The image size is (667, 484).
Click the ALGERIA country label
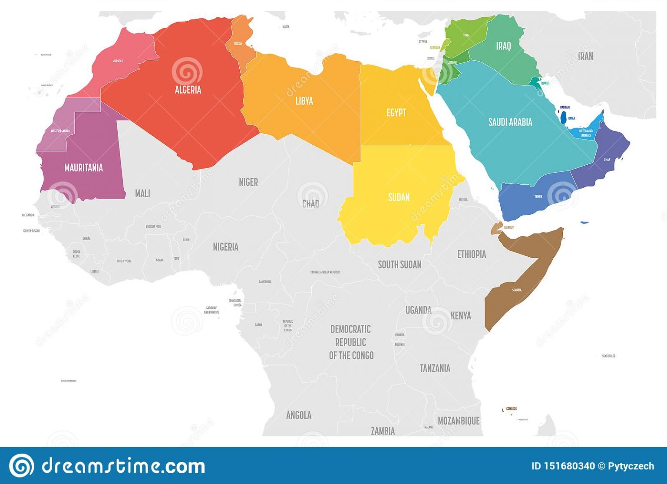click(x=188, y=90)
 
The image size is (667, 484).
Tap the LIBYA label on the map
click(x=304, y=101)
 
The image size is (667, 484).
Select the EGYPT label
click(x=396, y=113)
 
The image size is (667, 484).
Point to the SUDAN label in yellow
click(x=399, y=197)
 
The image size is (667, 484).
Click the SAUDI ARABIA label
click(x=510, y=122)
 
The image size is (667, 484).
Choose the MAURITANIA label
click(x=83, y=168)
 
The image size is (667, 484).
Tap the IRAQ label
click(x=503, y=46)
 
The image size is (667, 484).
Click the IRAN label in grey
click(x=585, y=56)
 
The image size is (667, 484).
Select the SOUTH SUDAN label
click(x=400, y=265)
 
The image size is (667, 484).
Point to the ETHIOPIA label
click(x=471, y=255)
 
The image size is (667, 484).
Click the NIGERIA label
click(x=225, y=247)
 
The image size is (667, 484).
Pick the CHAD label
click(x=310, y=204)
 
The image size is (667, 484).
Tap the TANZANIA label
click(x=435, y=369)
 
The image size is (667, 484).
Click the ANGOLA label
click(x=299, y=415)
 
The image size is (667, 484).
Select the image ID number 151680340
click(x=563, y=466)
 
